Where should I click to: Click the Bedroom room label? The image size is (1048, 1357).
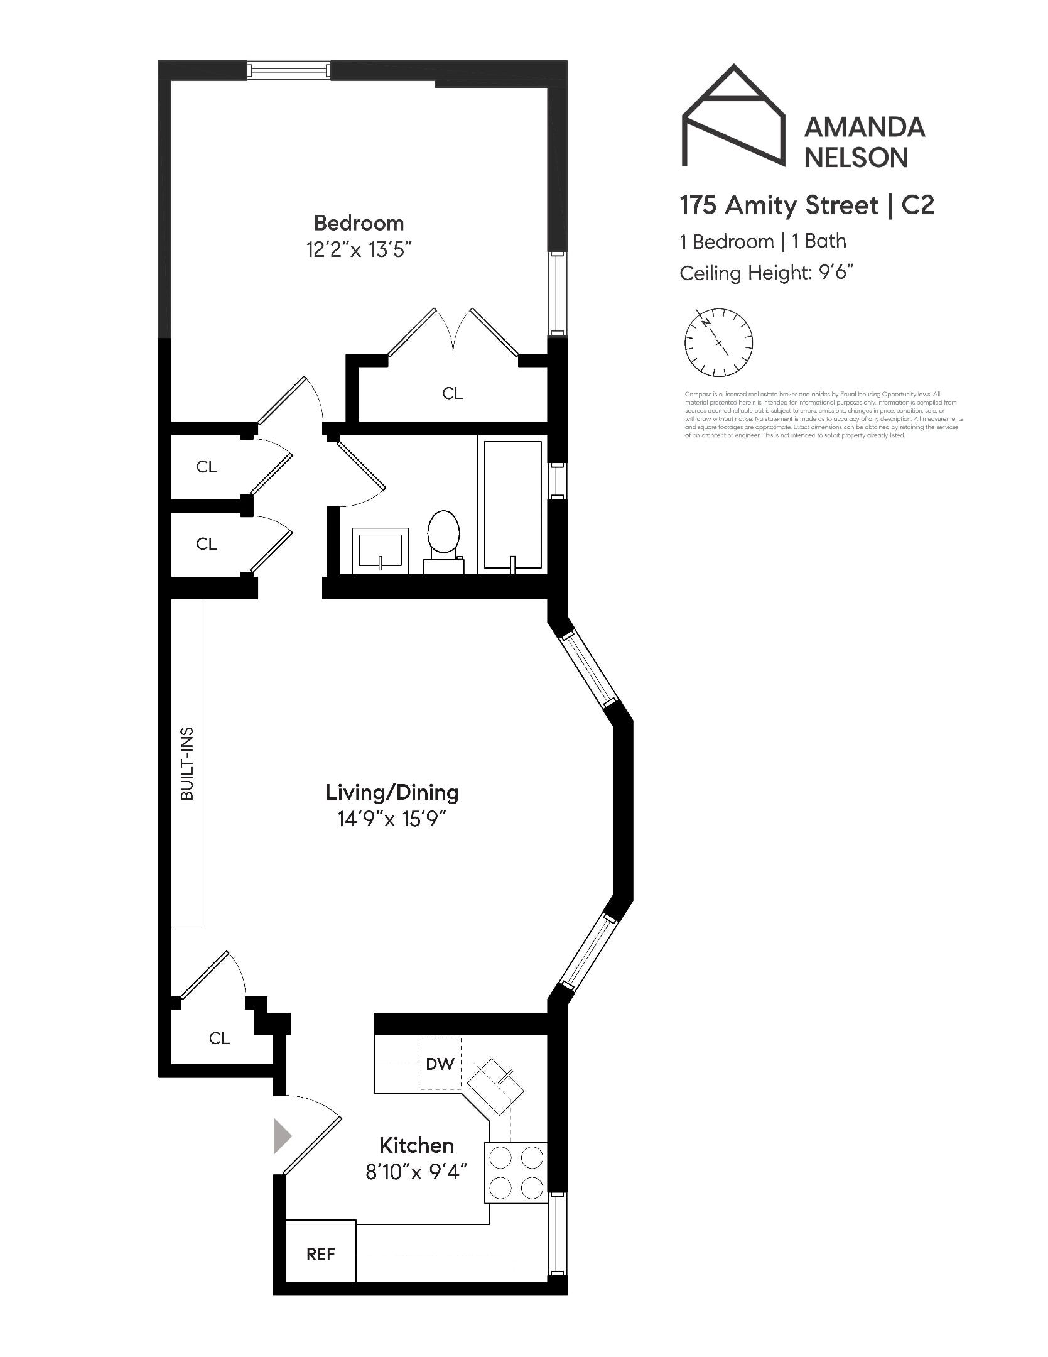(359, 223)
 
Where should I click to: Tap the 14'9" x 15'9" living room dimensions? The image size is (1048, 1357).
(391, 819)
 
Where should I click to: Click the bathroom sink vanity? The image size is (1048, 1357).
(380, 550)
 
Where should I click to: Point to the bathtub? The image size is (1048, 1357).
(512, 504)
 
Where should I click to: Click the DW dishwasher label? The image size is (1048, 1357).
(440, 1064)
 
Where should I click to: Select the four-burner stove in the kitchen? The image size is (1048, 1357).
(516, 1172)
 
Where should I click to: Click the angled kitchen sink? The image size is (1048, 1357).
(496, 1087)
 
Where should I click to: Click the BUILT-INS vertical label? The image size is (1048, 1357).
(187, 763)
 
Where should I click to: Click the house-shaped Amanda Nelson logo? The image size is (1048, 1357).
(733, 118)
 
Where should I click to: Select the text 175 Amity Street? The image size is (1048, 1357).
(779, 205)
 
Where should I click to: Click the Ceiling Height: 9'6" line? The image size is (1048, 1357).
(767, 273)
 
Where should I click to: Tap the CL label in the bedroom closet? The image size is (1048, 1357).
(452, 393)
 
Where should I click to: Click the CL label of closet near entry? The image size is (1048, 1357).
(219, 1038)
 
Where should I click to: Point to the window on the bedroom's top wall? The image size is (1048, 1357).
(288, 70)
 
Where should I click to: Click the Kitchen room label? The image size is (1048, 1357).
(416, 1145)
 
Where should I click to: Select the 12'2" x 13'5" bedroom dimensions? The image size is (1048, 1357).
(359, 250)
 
